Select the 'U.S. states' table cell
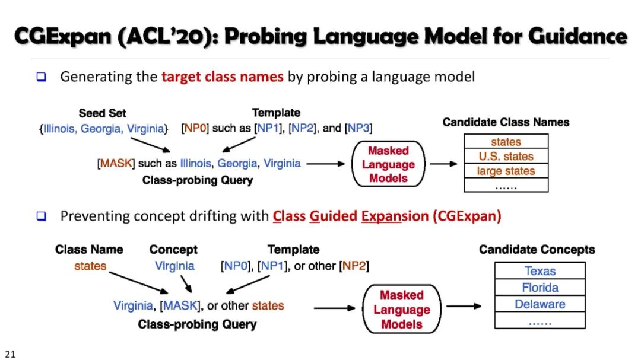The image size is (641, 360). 506,157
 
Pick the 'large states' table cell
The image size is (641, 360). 506,171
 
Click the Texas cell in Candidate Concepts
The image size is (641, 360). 540,271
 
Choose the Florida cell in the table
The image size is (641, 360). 540,288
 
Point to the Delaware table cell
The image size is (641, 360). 540,304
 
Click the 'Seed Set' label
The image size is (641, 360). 102,113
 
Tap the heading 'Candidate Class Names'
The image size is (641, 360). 506,122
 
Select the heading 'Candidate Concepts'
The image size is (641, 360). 537,250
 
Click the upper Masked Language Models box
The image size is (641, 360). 388,164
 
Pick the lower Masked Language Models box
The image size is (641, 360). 402,310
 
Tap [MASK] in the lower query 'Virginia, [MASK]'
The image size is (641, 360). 176,306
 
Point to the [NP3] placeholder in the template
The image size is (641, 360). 358,128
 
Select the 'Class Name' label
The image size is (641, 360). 89,250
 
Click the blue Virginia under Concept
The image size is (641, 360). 174,266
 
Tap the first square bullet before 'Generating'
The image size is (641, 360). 41,77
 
